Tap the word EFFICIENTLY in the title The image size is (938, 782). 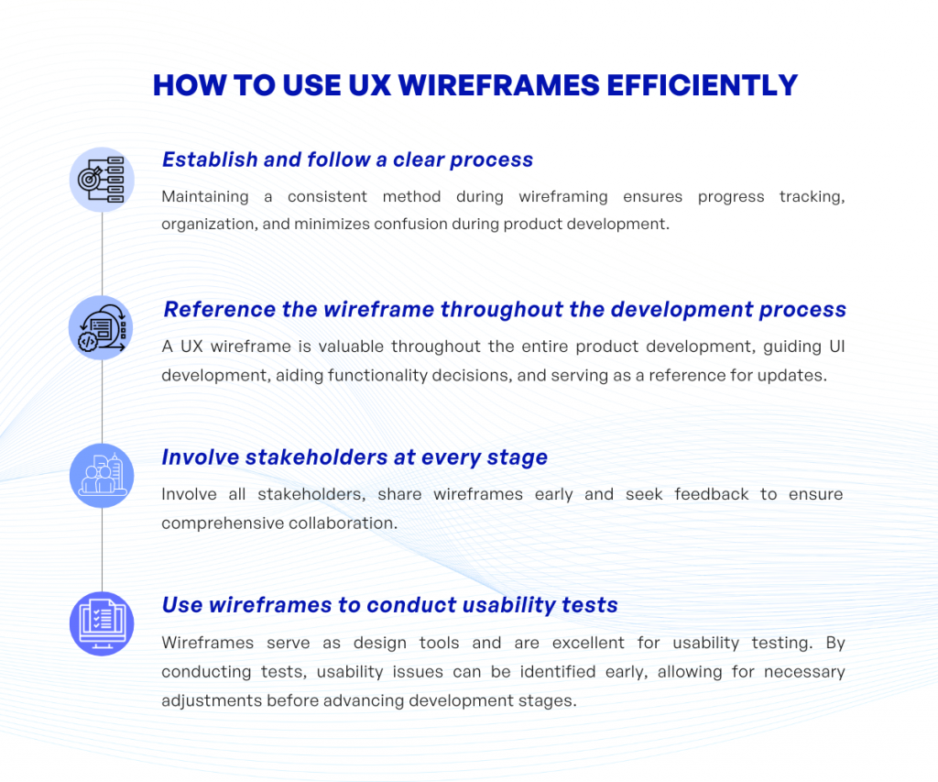(x=700, y=85)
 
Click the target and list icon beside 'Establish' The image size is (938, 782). (x=102, y=179)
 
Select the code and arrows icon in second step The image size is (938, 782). (x=102, y=328)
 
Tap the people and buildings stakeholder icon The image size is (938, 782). (x=102, y=476)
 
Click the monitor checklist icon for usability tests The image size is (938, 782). (x=102, y=624)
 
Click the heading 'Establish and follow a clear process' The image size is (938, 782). (x=347, y=160)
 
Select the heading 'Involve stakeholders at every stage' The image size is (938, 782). (x=354, y=457)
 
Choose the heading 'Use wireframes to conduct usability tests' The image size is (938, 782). (x=389, y=605)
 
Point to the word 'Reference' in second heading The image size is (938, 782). (x=219, y=309)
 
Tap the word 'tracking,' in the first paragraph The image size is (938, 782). (x=812, y=196)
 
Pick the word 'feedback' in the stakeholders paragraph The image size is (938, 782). (x=712, y=494)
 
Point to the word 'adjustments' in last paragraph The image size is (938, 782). (x=212, y=700)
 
